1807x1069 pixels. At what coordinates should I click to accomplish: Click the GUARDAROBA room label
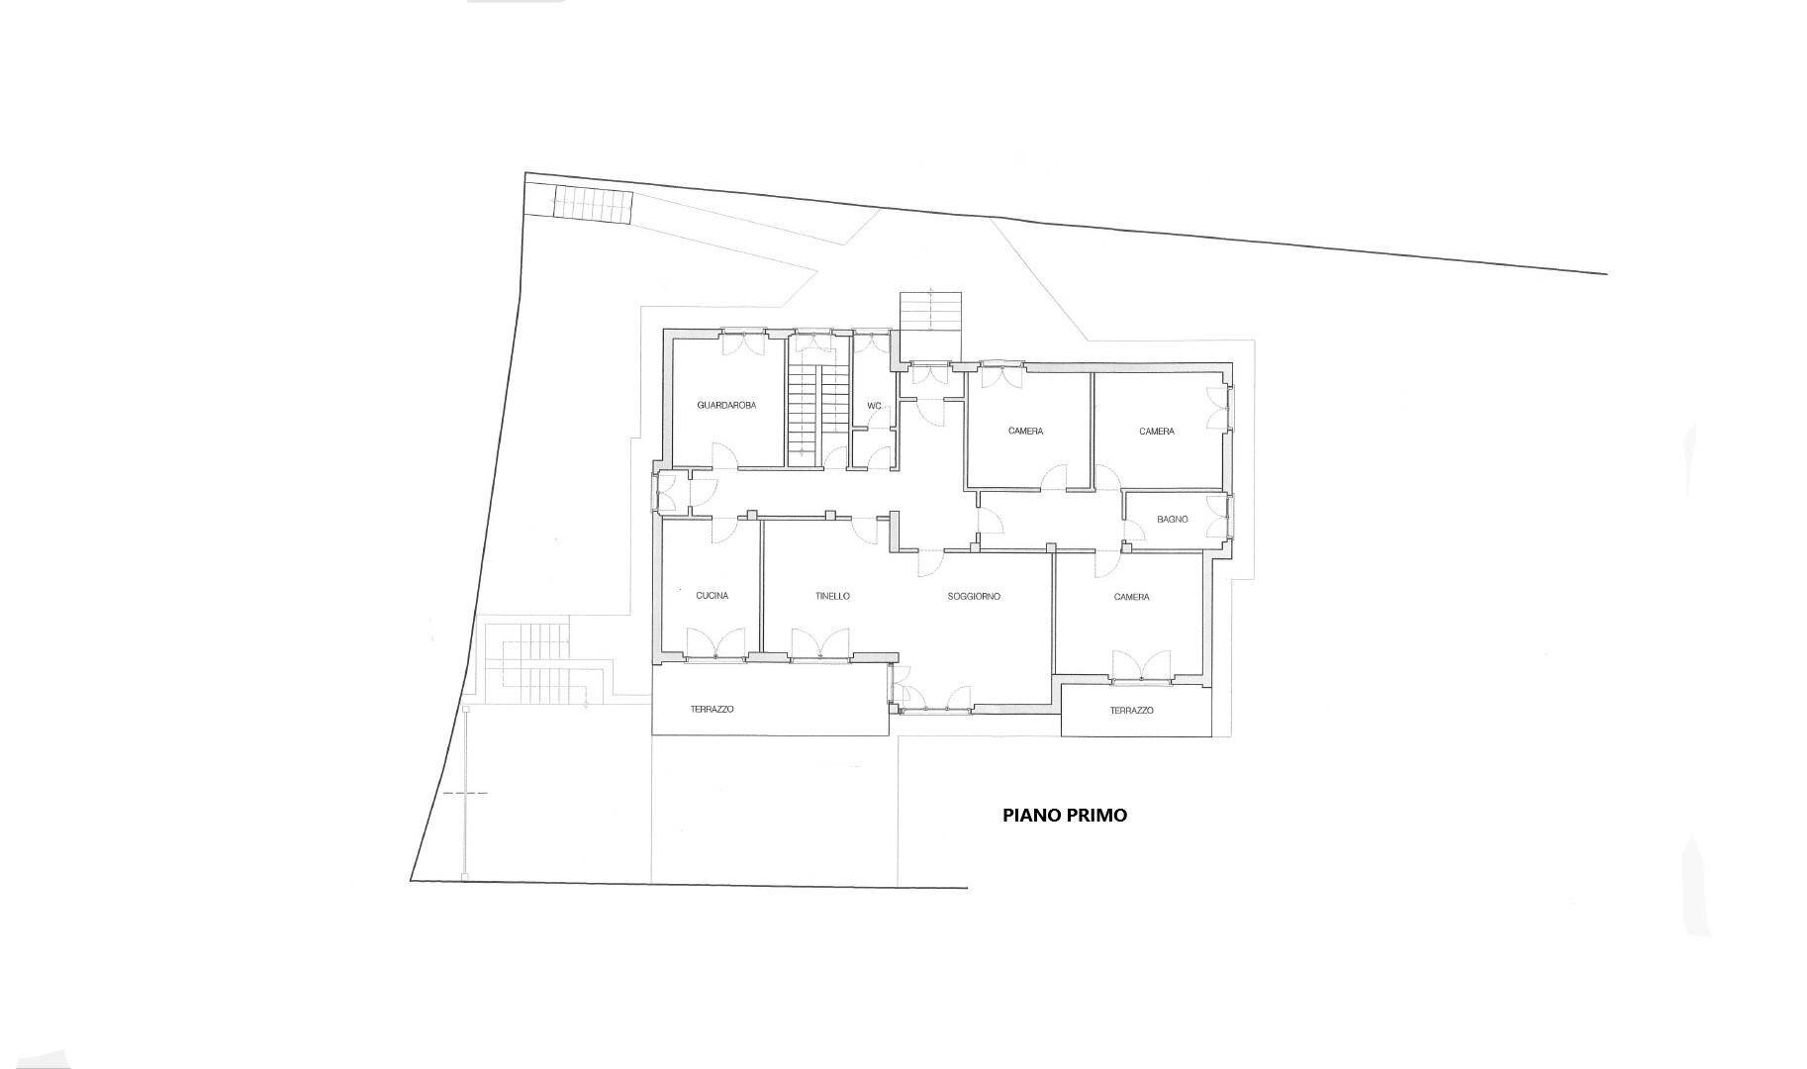click(x=726, y=405)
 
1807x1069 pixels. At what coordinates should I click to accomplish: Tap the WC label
click(x=874, y=406)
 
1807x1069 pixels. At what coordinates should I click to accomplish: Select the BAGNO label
click(x=1172, y=520)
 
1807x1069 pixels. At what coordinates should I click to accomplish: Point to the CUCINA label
click(x=712, y=596)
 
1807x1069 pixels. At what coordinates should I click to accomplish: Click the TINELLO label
click(x=832, y=596)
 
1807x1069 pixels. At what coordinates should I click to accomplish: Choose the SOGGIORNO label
click(x=974, y=596)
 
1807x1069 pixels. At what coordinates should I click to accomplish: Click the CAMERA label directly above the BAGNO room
click(x=1156, y=432)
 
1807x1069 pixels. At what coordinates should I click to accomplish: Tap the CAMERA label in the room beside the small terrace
click(x=1131, y=597)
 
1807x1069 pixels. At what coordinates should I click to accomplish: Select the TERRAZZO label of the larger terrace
click(x=712, y=709)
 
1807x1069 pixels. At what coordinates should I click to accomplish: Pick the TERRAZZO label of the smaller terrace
click(x=1131, y=710)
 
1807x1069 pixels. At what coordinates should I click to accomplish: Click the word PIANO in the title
click(x=1031, y=816)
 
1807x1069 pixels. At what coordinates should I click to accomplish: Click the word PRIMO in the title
click(x=1096, y=816)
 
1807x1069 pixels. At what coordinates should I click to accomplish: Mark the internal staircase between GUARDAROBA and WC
click(x=819, y=415)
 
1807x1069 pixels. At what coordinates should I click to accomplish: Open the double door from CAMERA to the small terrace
click(x=1141, y=665)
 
